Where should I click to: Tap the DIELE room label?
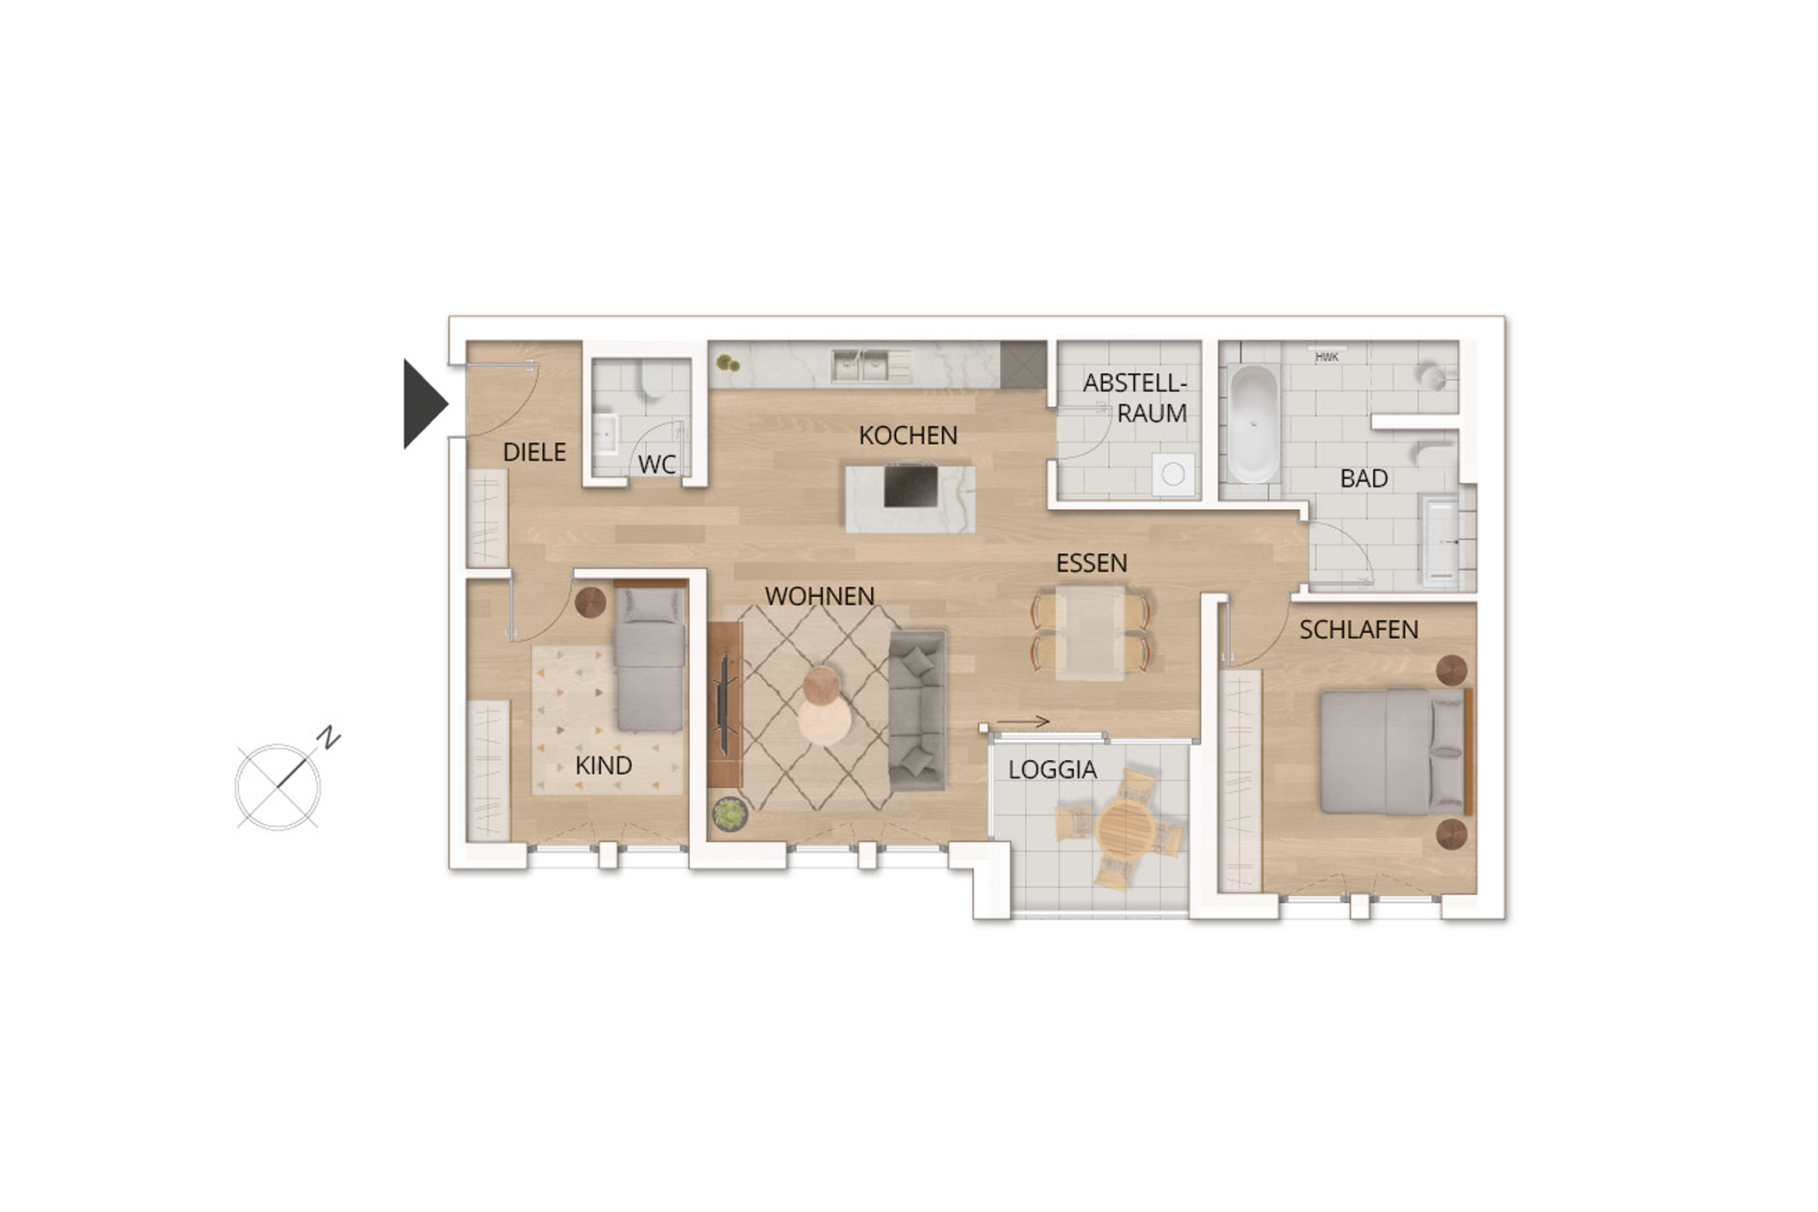click(x=534, y=452)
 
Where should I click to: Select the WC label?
click(x=656, y=465)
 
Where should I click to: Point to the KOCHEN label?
click(x=908, y=435)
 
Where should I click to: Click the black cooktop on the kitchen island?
click(x=911, y=486)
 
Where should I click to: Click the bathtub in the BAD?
click(x=1253, y=424)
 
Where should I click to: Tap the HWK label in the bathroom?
click(x=1326, y=357)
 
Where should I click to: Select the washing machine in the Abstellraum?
click(x=1173, y=474)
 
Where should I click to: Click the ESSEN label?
click(x=1092, y=564)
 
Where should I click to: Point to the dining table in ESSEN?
click(x=1090, y=632)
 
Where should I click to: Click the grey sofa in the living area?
click(x=918, y=710)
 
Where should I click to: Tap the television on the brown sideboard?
click(x=723, y=704)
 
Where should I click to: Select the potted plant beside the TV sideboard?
click(x=729, y=814)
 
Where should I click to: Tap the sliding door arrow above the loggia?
click(x=1022, y=721)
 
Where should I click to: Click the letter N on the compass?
click(x=328, y=738)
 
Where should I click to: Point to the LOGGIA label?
click(x=1053, y=770)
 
